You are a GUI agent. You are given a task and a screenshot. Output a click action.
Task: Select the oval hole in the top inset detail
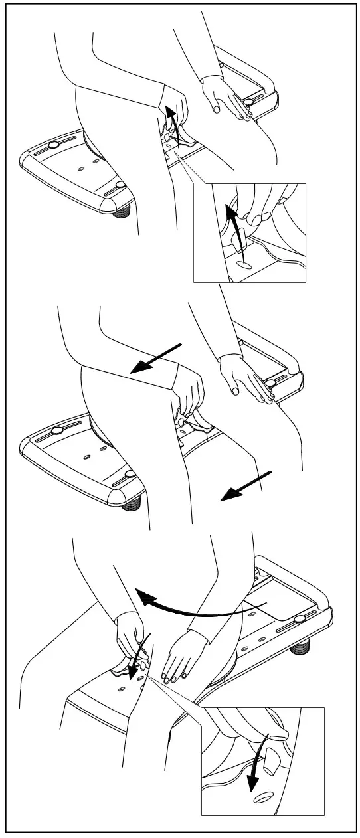(x=244, y=264)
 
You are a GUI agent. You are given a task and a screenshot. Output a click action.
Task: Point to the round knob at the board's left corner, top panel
(x=54, y=145)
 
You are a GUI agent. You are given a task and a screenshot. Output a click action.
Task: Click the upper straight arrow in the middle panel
(x=157, y=359)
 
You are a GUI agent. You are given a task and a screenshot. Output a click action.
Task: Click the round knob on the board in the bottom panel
(x=300, y=619)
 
